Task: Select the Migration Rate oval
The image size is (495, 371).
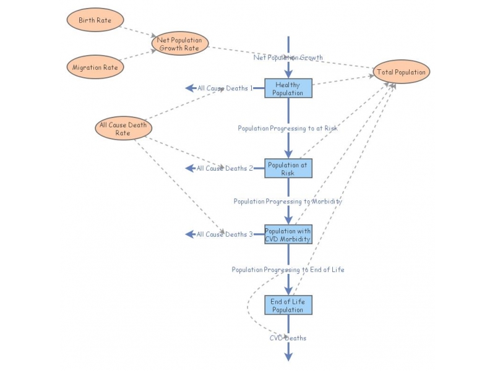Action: [95, 67]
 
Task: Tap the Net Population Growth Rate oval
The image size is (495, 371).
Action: [180, 44]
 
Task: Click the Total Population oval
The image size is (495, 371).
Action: [401, 72]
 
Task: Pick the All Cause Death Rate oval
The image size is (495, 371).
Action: [123, 129]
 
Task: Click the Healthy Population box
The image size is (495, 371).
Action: [288, 88]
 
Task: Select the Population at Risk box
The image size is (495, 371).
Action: [288, 169]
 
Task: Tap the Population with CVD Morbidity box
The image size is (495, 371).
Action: [288, 234]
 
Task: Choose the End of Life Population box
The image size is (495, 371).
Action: [288, 305]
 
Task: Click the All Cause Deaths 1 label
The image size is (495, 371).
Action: [225, 88]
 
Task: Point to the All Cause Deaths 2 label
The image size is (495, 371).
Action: [225, 168]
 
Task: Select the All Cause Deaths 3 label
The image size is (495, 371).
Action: [225, 234]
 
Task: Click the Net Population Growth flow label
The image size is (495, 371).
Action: [288, 58]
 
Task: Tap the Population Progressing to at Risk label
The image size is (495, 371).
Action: [288, 129]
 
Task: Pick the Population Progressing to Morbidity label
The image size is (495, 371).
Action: [288, 202]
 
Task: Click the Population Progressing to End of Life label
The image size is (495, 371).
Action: [288, 270]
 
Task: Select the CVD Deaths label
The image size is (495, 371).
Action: [288, 338]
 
